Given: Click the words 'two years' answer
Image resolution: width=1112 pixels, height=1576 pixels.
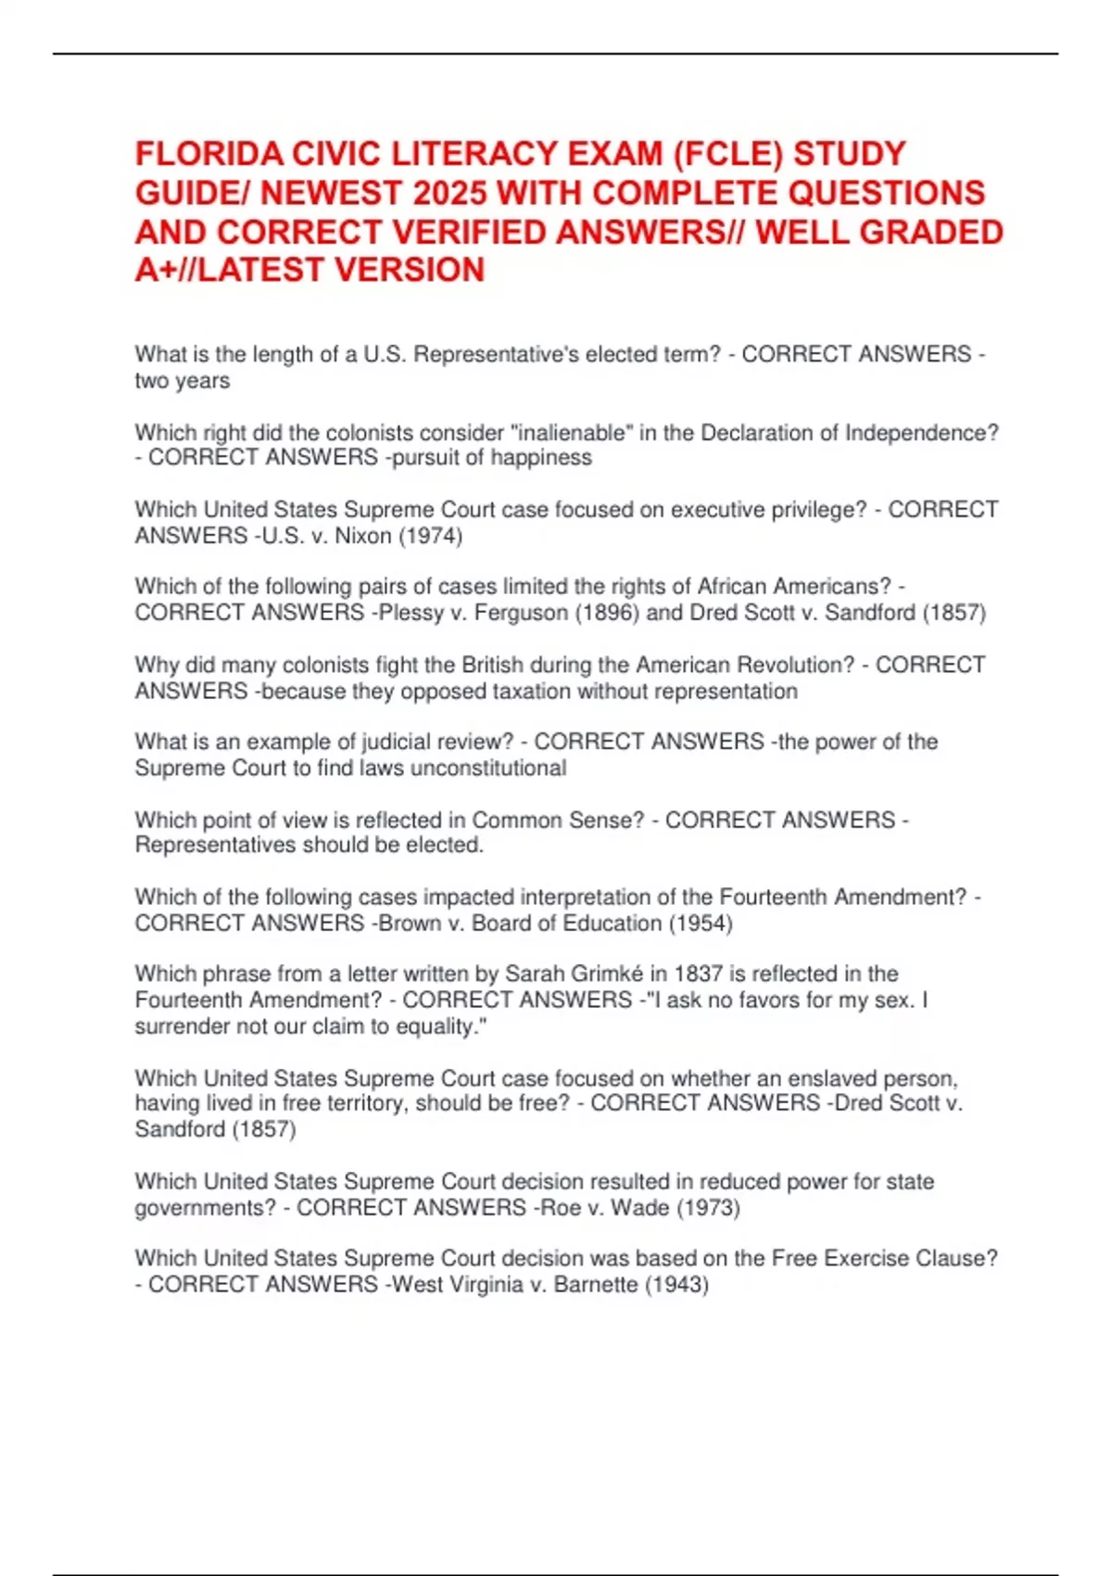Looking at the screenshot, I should tap(183, 380).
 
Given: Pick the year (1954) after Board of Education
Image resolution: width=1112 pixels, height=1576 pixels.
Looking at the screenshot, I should tap(701, 923).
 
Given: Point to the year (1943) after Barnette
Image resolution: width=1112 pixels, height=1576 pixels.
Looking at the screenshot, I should tap(676, 1285).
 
